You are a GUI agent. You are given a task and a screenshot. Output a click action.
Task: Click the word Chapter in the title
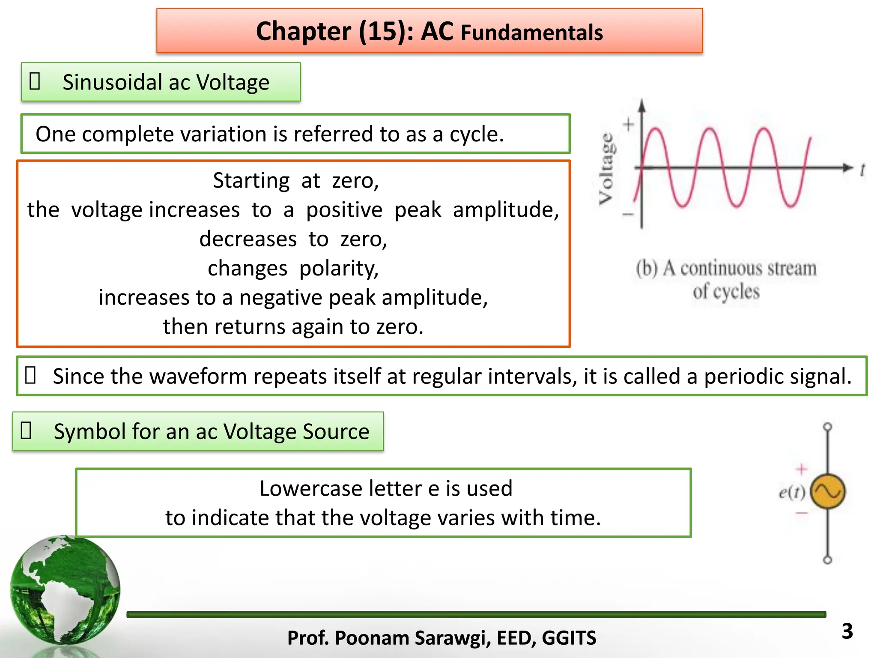303,32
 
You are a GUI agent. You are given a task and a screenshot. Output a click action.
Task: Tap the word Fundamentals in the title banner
531,33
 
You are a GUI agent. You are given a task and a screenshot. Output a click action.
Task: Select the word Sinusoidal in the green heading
112,82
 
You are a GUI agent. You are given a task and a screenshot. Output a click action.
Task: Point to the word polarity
339,269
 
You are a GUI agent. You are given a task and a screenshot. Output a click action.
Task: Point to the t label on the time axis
862,170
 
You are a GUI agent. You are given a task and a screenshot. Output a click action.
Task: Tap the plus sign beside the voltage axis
628,125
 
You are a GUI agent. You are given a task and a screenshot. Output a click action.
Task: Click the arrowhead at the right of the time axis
847,167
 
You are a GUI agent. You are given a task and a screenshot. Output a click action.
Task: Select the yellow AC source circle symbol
828,491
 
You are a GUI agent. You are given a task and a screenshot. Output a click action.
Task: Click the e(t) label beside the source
792,492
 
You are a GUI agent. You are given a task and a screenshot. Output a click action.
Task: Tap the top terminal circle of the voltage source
828,427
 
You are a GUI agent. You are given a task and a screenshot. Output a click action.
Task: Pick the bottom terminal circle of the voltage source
828,559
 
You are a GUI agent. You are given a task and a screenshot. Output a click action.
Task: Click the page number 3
847,631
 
